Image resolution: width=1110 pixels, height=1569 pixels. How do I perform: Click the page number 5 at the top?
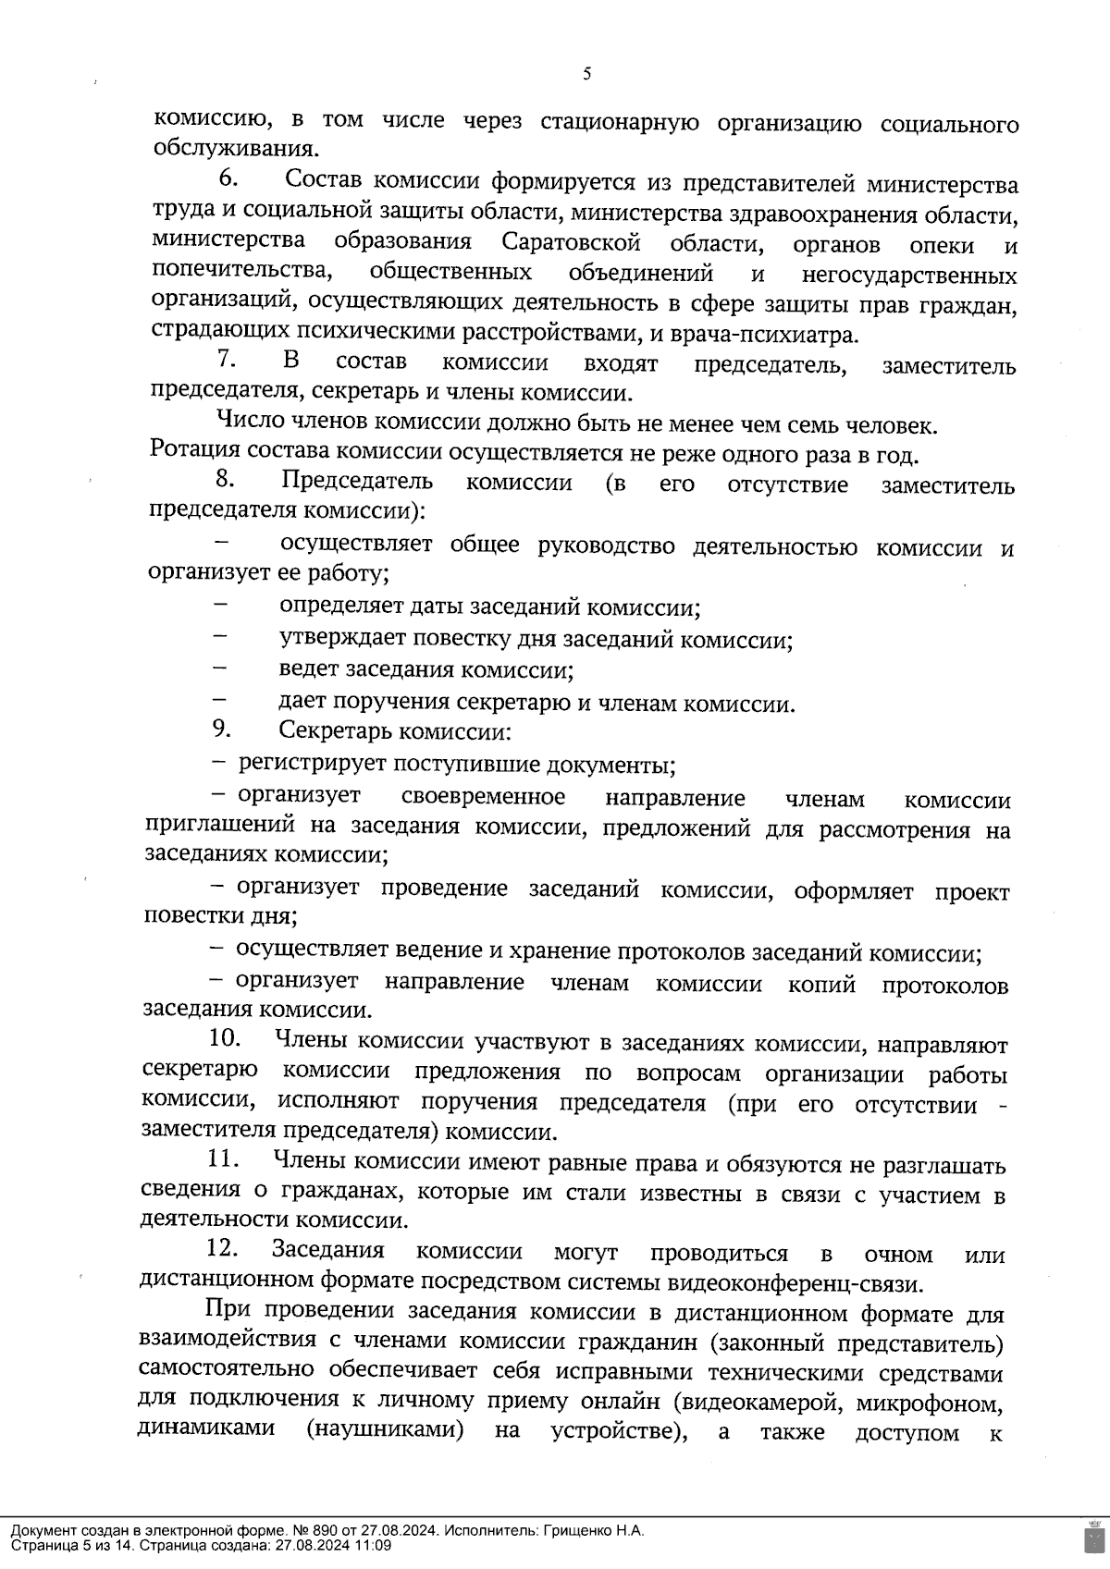[586, 75]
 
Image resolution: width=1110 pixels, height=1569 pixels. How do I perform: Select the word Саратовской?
[572, 243]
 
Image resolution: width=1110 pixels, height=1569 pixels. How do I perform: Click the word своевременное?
[484, 797]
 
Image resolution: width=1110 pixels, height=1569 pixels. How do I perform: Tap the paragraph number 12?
[223, 1249]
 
